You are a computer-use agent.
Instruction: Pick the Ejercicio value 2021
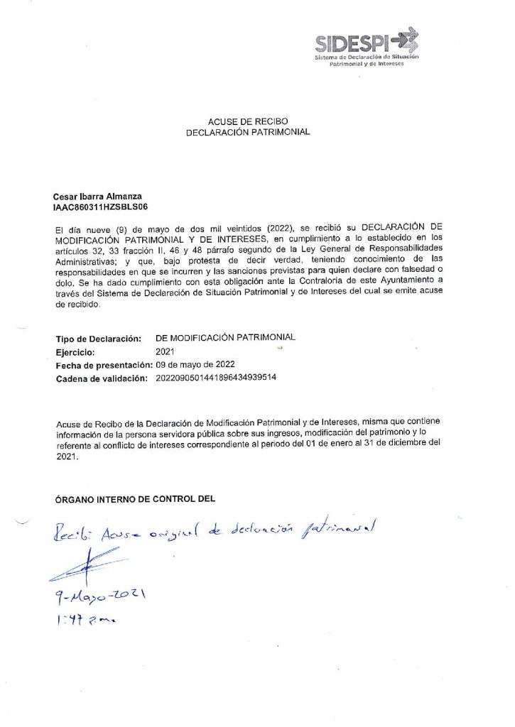(x=164, y=351)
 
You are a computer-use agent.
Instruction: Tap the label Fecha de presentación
(x=102, y=365)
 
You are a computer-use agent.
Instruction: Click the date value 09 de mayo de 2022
(x=200, y=364)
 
